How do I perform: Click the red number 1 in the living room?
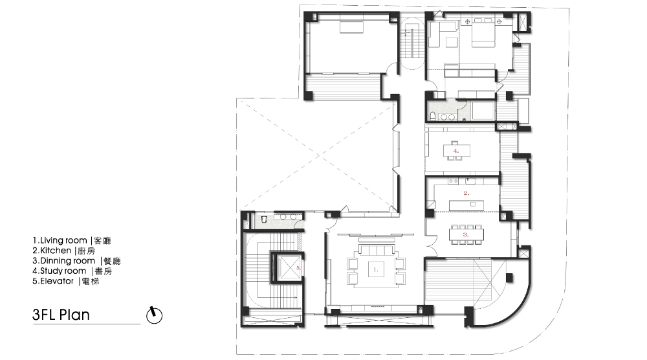[x=375, y=269]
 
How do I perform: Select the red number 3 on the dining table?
[x=466, y=234]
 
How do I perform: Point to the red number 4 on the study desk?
[x=456, y=151]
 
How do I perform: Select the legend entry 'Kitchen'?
[x=55, y=251]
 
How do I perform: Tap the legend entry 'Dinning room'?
[x=67, y=261]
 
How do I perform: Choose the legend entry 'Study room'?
[x=63, y=271]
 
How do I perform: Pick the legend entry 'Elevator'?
[x=56, y=281]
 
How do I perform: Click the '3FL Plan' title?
[x=61, y=315]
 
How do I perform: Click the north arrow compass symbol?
[x=155, y=316]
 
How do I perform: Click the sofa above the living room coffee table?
[x=376, y=250]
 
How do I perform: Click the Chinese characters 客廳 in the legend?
[x=103, y=241]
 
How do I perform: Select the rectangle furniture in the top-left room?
[x=351, y=27]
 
